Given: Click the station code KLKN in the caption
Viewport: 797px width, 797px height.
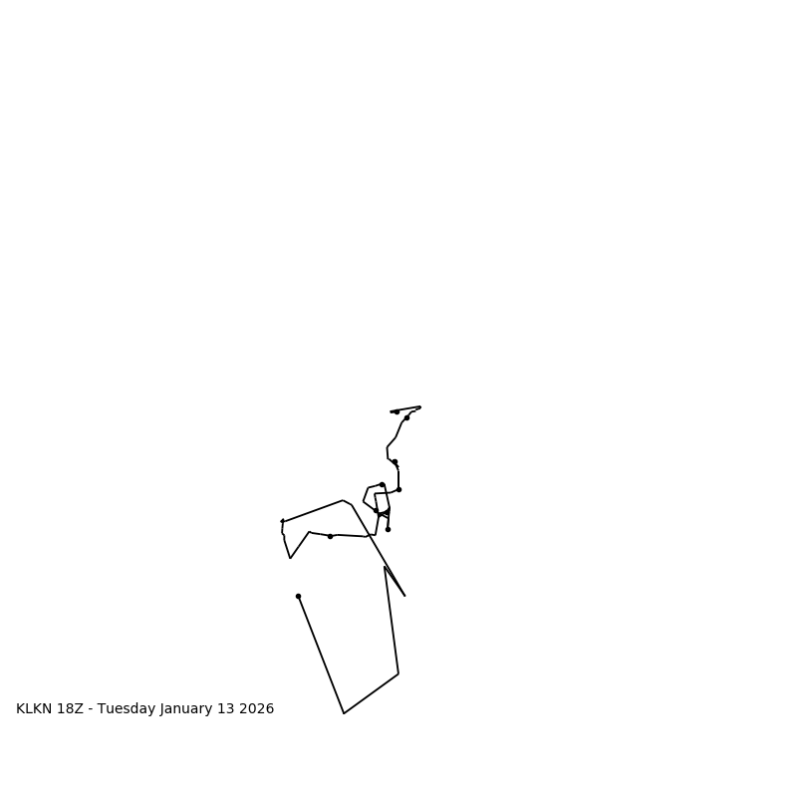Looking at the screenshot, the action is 36,709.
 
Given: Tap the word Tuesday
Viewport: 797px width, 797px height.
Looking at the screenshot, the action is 127,709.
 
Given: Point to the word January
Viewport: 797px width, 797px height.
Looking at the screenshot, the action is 188,709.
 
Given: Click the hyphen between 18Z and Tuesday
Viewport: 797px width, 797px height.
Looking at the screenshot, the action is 91,709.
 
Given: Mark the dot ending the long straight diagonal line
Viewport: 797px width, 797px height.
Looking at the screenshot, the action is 298,596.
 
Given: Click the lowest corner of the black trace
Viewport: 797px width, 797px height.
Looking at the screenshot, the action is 344,713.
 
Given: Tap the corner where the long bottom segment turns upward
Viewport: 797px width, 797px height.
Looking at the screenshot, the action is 398,673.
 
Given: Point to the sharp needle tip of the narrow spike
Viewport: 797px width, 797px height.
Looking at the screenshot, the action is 404,596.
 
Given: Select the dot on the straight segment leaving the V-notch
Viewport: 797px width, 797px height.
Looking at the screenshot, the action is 330,536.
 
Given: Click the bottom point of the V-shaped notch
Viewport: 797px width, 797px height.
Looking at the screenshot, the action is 291,558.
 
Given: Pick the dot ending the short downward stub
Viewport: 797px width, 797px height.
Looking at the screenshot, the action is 388,529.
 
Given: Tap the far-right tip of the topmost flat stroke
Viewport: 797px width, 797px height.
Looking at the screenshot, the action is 419,406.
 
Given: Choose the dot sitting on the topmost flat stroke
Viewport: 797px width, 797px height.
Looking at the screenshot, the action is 397,411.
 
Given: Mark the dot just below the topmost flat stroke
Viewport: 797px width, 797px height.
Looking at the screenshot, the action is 406,417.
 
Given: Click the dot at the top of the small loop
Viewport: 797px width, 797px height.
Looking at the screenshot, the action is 382,484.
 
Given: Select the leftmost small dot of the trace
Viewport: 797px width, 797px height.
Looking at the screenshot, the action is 282,521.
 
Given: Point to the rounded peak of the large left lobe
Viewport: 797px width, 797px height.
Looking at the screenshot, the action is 344,500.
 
